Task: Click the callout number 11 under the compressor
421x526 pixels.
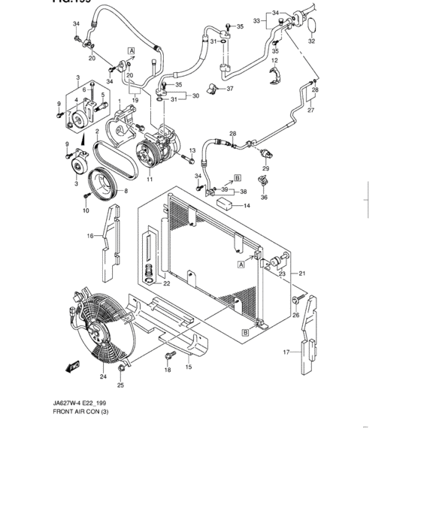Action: (x=150, y=180)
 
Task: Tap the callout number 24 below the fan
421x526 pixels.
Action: (x=103, y=376)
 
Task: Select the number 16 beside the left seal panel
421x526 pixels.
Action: (x=89, y=236)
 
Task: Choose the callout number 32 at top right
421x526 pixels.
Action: (x=312, y=41)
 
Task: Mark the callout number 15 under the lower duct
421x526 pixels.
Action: (x=189, y=367)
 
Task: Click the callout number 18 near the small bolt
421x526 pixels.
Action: (x=168, y=370)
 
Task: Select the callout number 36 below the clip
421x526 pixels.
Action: (x=264, y=198)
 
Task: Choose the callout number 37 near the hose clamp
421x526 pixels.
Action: (x=230, y=89)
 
